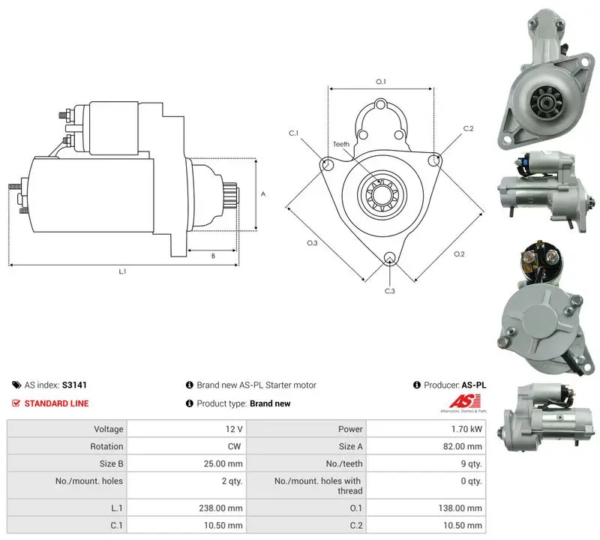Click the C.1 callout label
click(293, 133)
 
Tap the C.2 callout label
click(468, 128)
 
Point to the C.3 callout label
click(389, 291)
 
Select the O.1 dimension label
click(381, 82)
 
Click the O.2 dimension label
click(459, 254)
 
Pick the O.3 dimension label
click(312, 243)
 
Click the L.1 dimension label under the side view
click(122, 271)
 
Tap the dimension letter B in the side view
click(213, 256)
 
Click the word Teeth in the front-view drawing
click(341, 144)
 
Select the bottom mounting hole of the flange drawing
click(390, 257)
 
